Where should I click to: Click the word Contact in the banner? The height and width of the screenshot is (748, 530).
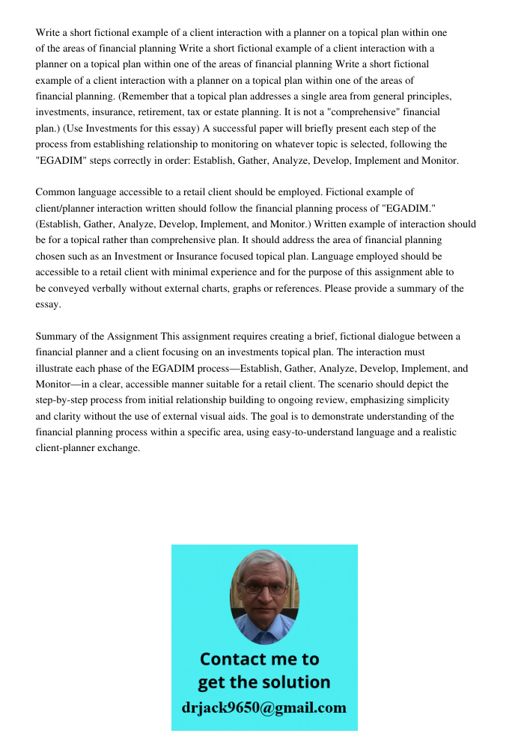(x=234, y=659)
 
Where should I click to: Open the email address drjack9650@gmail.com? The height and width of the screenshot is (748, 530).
(x=264, y=708)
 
